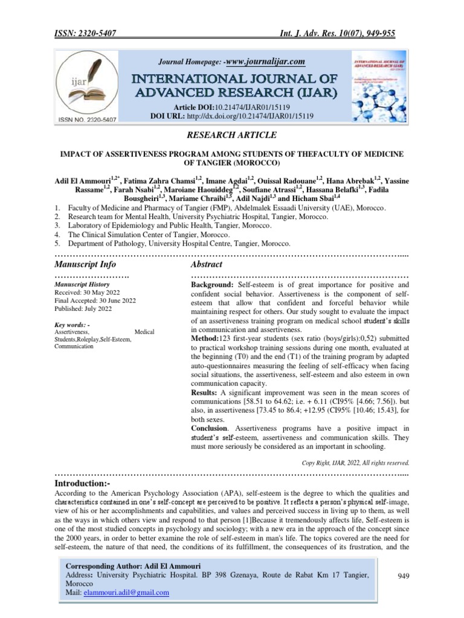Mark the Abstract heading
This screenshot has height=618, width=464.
(206, 264)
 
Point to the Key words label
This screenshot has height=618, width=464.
(72, 324)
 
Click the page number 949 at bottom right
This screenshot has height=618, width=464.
(404, 576)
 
